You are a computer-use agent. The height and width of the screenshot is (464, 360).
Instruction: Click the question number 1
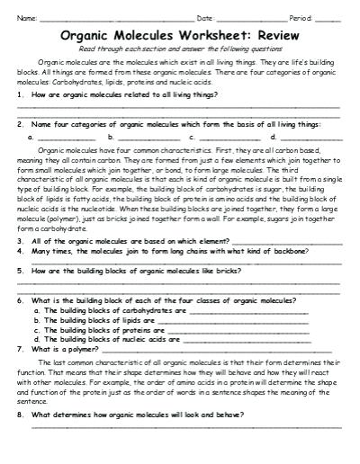[x=20, y=94]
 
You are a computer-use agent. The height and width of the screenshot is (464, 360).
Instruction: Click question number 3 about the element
[x=20, y=241]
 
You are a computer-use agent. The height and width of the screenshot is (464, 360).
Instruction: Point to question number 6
[x=20, y=299]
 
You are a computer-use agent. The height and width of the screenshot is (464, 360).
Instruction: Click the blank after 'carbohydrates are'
[x=247, y=311]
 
